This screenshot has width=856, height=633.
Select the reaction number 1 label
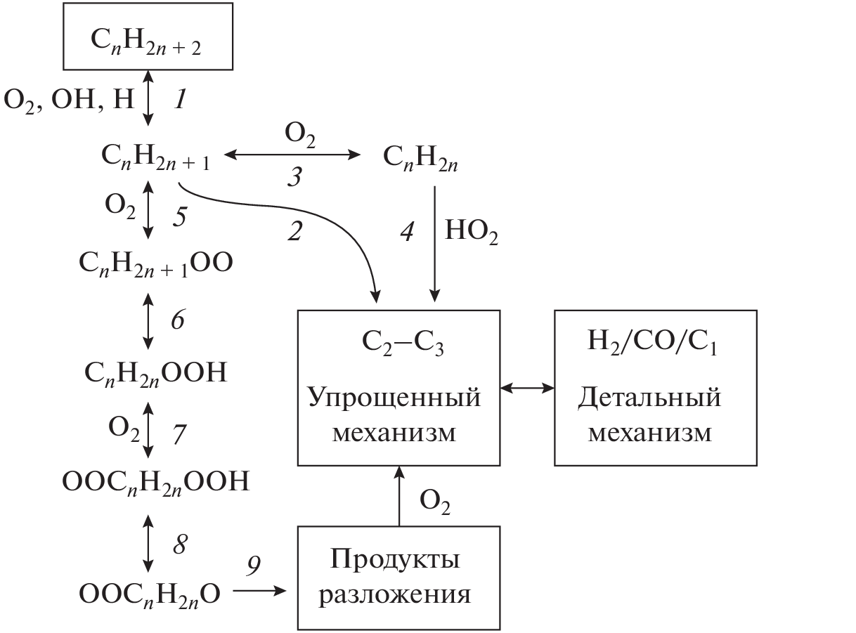point(180,100)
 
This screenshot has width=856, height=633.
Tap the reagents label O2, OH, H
point(69,100)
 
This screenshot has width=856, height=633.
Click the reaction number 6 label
point(177,320)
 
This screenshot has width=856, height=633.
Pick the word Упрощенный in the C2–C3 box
point(394,398)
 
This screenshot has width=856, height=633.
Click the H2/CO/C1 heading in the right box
point(655,344)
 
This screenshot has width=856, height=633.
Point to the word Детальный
point(650,398)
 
